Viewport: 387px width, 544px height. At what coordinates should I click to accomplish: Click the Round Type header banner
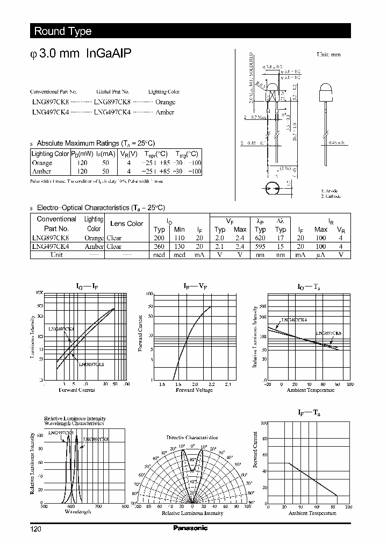tap(63, 31)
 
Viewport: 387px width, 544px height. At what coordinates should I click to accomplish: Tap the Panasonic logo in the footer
tap(190, 528)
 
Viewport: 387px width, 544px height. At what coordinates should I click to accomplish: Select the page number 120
tap(35, 529)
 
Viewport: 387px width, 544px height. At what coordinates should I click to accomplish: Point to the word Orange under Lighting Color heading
tap(165, 102)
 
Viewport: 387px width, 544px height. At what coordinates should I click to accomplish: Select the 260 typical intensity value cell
tap(159, 246)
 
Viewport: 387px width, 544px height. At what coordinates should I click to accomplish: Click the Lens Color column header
tap(126, 223)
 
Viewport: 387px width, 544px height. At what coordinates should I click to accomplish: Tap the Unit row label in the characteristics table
tap(56, 255)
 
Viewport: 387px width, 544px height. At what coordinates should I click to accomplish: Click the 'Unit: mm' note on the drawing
tap(328, 55)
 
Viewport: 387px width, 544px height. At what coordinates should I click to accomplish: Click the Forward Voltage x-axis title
tap(194, 390)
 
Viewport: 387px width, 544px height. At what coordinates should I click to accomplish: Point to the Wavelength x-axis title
tap(77, 512)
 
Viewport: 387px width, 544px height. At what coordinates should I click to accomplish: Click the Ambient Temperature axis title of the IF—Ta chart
tap(312, 513)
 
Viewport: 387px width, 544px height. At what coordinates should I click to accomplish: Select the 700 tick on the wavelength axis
tap(98, 506)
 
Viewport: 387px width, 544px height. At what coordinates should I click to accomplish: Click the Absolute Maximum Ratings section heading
tap(95, 143)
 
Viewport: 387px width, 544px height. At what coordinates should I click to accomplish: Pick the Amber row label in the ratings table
tap(41, 171)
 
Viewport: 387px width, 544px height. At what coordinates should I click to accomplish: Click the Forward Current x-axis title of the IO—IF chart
tap(76, 390)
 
